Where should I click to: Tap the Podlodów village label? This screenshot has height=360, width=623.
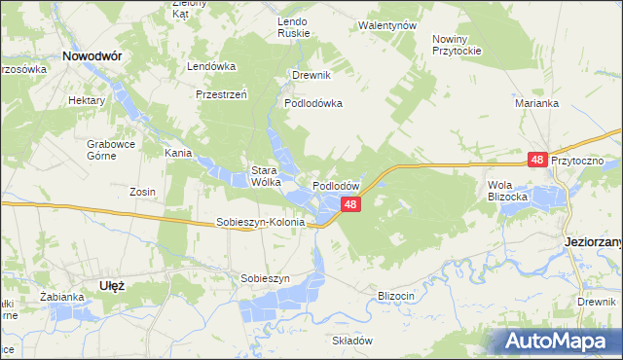[337, 185]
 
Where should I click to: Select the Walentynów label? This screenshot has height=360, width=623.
[387, 24]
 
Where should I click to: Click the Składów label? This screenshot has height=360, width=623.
[353, 341]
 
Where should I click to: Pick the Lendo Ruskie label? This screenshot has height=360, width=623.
[293, 27]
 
